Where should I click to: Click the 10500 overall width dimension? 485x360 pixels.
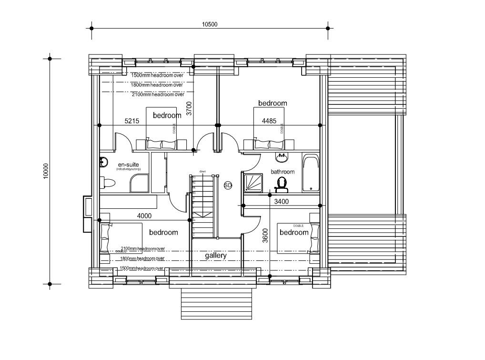(x=209, y=24)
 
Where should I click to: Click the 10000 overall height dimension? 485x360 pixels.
(x=46, y=171)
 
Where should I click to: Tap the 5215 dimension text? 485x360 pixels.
(x=132, y=121)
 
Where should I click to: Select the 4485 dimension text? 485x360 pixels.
(x=269, y=121)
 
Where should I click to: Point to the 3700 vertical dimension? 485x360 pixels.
(x=189, y=109)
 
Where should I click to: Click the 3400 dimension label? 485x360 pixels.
(x=281, y=202)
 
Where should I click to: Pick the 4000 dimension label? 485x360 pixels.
(x=144, y=216)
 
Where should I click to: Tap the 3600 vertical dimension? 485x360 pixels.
(x=265, y=236)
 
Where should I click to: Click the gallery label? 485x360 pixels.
(x=216, y=256)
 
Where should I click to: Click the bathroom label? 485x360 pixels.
(x=283, y=172)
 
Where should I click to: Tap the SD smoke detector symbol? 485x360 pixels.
(x=228, y=185)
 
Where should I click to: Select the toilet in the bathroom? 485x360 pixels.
(x=281, y=184)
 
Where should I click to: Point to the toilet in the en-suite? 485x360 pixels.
(x=108, y=183)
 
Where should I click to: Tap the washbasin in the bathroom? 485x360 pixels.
(x=281, y=157)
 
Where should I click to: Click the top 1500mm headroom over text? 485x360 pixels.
(x=157, y=75)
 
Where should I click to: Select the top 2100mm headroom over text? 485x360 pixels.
(x=158, y=94)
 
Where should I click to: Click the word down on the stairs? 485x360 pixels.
(x=202, y=171)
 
